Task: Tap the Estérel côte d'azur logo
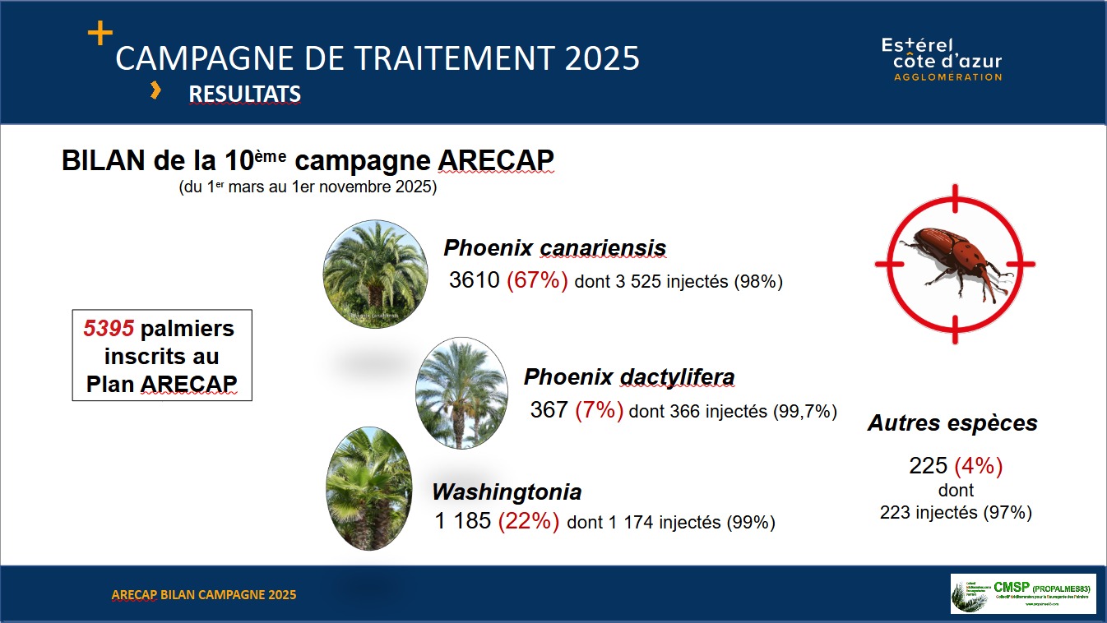point(942,59)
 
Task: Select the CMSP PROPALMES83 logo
point(1023,593)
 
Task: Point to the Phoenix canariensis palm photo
point(375,270)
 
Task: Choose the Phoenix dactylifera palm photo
point(461,392)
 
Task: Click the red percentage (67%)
point(537,281)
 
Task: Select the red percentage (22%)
point(529,521)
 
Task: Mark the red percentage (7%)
point(599,410)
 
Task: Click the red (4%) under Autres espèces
point(978,466)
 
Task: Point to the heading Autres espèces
point(952,423)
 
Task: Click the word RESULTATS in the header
point(244,95)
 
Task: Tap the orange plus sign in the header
point(100,33)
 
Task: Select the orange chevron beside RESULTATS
point(155,91)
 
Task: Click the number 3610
point(474,281)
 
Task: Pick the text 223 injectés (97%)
point(955,512)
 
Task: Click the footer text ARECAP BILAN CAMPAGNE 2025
point(204,594)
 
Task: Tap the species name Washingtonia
point(507,491)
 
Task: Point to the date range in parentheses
point(308,187)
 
